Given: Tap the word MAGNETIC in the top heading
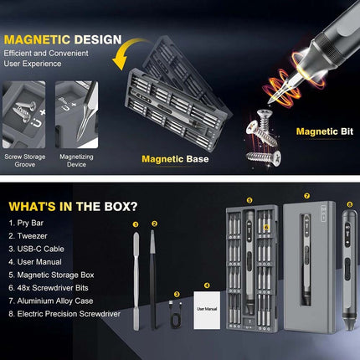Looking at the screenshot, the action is pyautogui.click(x=37, y=39).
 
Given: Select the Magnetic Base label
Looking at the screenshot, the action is pyautogui.click(x=175, y=159).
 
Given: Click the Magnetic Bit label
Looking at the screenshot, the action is pyautogui.click(x=325, y=131).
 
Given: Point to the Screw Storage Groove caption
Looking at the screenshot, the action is pyautogui.click(x=25, y=161).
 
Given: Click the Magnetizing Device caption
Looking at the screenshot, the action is pyautogui.click(x=76, y=161).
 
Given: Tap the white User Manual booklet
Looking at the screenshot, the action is pyautogui.click(x=207, y=311).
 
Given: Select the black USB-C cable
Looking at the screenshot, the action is pyautogui.click(x=175, y=314).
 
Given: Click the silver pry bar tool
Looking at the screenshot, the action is pyautogui.click(x=136, y=281).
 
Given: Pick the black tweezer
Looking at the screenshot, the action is pyautogui.click(x=152, y=279).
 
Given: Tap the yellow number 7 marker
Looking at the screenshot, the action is pyautogui.click(x=306, y=196).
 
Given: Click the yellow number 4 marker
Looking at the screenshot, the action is pyautogui.click(x=207, y=285).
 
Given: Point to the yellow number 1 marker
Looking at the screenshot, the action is pyautogui.click(x=136, y=224).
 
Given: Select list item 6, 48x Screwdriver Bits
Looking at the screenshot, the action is pyautogui.click(x=49, y=288).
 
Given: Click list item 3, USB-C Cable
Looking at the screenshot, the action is pyautogui.click(x=36, y=249).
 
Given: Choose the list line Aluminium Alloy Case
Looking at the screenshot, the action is pyautogui.click(x=51, y=301).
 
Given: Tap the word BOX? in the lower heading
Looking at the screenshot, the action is pyautogui.click(x=121, y=207).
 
